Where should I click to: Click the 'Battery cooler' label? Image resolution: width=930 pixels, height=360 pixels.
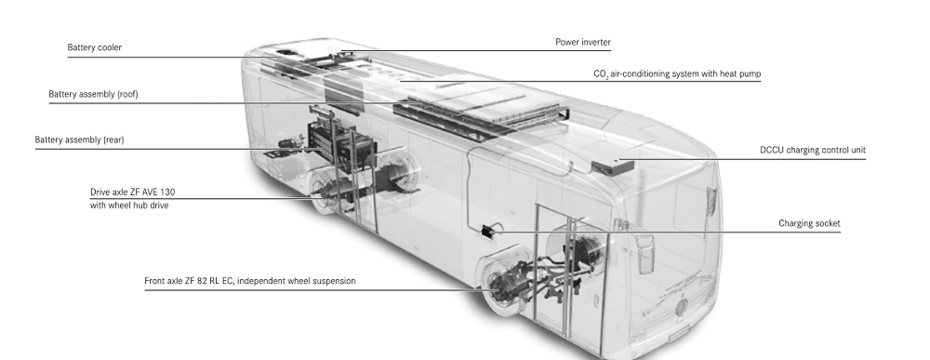click(94, 47)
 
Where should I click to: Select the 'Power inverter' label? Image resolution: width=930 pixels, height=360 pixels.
click(583, 42)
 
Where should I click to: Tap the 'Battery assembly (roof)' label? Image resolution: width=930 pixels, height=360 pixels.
click(93, 94)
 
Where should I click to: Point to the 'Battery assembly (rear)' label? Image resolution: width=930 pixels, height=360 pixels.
click(79, 140)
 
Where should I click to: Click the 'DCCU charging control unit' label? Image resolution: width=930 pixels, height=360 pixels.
click(813, 150)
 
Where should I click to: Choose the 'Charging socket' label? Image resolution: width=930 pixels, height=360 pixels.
click(809, 223)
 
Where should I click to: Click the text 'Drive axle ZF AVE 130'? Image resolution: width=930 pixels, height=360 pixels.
click(132, 193)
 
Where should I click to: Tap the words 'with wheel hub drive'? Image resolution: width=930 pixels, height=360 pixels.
click(128, 206)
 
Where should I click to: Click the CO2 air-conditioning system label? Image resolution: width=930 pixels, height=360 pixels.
click(677, 74)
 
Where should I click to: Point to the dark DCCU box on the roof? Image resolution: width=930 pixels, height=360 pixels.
click(613, 167)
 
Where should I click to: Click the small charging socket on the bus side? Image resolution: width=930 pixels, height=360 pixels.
click(487, 232)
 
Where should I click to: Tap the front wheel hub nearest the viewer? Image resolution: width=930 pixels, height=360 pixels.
click(504, 287)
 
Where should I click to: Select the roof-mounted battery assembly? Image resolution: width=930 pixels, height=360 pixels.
click(482, 112)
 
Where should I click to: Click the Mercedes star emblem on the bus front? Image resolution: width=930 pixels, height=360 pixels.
click(683, 307)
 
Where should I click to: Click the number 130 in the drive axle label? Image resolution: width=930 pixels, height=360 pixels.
click(167, 193)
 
